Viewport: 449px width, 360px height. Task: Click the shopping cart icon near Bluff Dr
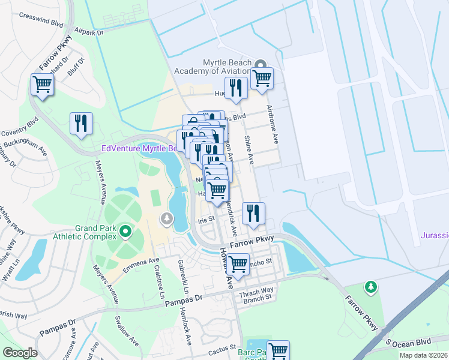tap(42, 84)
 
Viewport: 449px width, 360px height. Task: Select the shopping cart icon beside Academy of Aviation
tap(262, 77)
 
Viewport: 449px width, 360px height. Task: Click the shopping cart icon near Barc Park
tap(278, 350)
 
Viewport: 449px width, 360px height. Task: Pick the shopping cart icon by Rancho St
tap(238, 263)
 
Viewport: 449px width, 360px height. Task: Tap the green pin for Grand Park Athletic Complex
tap(125, 230)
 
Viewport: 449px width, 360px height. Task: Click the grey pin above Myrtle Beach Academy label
tap(261, 64)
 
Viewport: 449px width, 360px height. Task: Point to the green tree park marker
tap(371, 287)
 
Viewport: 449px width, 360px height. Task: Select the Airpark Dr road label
tap(89, 31)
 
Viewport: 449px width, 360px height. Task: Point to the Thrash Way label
tap(256, 290)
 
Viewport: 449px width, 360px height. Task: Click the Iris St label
tap(206, 220)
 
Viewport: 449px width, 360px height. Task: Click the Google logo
tap(20, 353)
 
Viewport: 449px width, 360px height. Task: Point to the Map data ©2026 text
tap(423, 355)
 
